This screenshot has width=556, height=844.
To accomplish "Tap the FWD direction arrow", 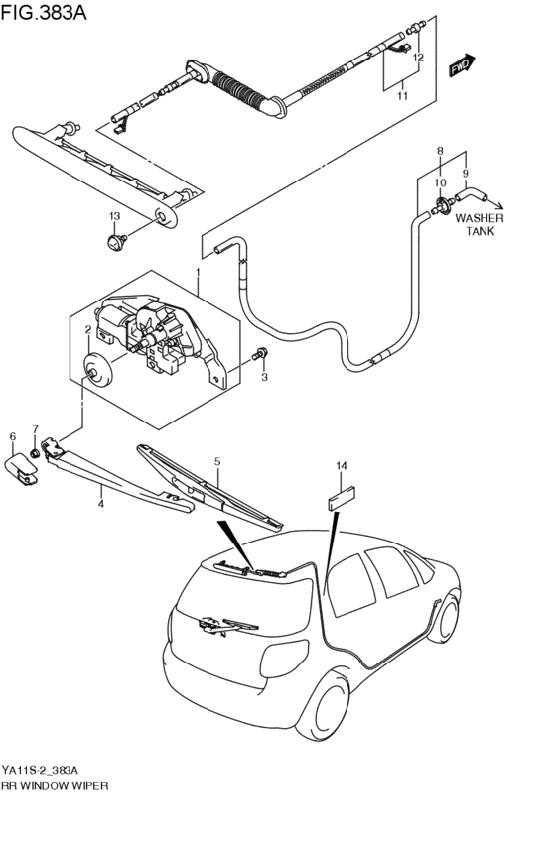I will [x=460, y=66].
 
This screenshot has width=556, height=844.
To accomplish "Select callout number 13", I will [x=114, y=216].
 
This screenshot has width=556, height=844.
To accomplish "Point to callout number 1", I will [x=198, y=271].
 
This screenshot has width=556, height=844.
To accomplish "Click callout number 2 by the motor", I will [x=88, y=330].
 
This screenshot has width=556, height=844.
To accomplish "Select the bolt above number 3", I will [x=260, y=354].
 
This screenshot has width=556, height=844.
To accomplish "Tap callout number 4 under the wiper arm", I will [x=100, y=504].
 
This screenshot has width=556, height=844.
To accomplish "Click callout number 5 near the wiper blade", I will [x=216, y=461].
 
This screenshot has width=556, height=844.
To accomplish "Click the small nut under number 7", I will [x=37, y=454].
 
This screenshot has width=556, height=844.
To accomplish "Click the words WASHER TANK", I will [x=481, y=225].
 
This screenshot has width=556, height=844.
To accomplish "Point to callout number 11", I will [x=403, y=96].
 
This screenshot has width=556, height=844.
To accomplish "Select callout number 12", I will [x=418, y=59].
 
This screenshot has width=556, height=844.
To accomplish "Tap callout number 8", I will [x=439, y=151].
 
